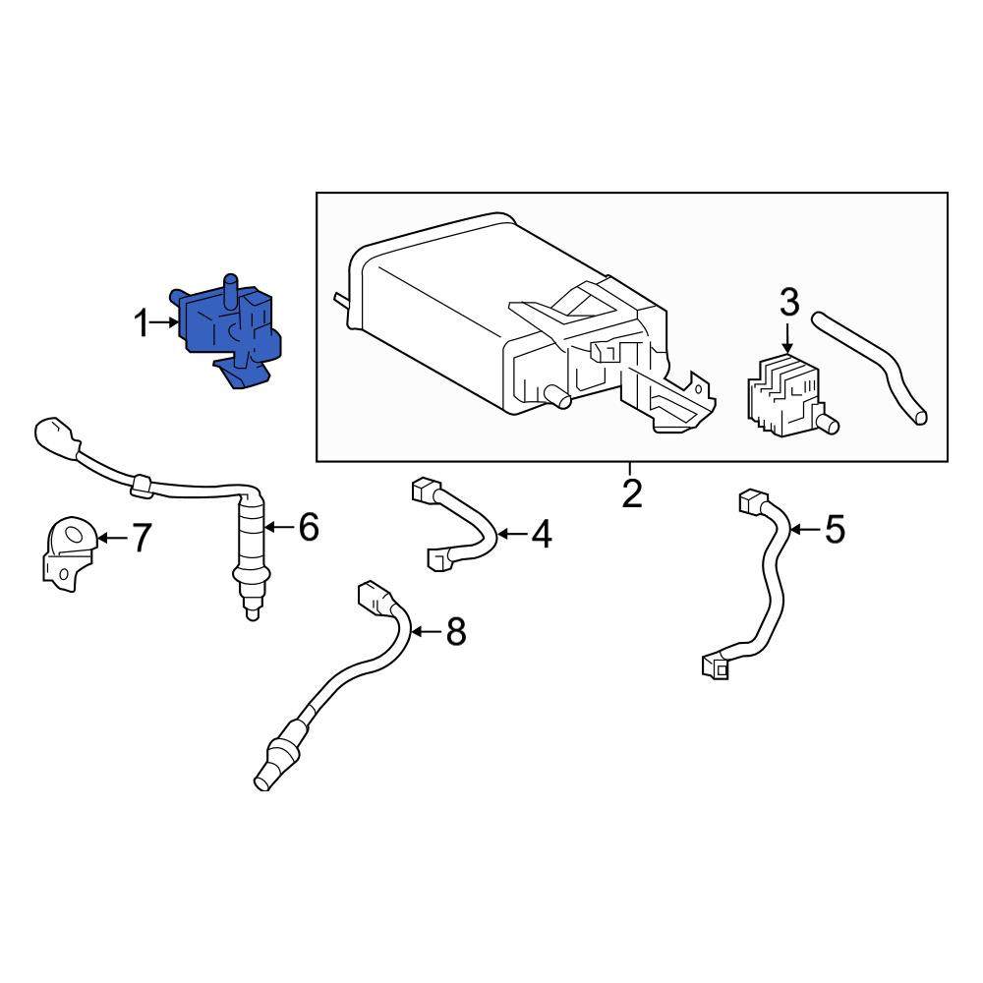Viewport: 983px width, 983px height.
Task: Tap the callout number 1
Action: [x=143, y=324]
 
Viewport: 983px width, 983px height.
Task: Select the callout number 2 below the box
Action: [x=632, y=494]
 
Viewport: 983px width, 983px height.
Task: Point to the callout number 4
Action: [x=542, y=534]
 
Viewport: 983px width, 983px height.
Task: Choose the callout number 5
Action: [x=835, y=529]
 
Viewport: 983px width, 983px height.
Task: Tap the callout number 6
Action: [x=309, y=527]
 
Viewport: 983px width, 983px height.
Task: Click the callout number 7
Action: [x=141, y=538]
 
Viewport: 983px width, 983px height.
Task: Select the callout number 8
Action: [x=456, y=631]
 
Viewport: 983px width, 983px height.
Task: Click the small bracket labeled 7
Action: [x=70, y=552]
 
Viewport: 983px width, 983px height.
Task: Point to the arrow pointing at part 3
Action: [x=788, y=337]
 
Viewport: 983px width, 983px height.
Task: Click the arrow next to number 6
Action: [x=279, y=527]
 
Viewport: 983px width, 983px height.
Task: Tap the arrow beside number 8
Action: [x=427, y=631]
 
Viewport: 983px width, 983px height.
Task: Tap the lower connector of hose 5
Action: [x=716, y=665]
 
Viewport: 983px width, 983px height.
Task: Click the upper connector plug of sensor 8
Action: [x=376, y=598]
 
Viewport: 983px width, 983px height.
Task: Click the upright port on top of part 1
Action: [x=231, y=291]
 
